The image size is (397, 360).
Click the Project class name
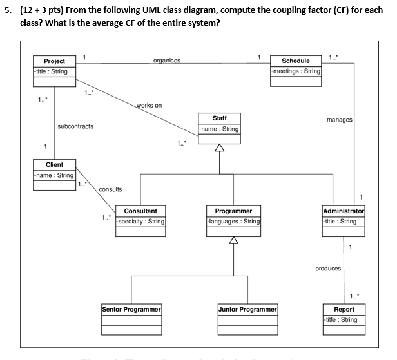[x=54, y=61]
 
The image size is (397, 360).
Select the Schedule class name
[x=296, y=61]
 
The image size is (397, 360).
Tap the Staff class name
[x=219, y=118]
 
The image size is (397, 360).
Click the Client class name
[x=54, y=164]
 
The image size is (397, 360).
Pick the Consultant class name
[x=140, y=211]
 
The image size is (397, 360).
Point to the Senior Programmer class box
[x=131, y=318]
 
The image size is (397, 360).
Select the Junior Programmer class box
[x=248, y=318]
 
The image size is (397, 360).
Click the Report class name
[x=344, y=309]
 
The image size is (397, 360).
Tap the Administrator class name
[x=344, y=211]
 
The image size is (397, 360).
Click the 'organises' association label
[x=167, y=61]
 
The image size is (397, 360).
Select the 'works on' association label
[x=150, y=105]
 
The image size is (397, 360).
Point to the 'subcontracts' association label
[x=75, y=126]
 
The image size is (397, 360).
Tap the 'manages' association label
[x=339, y=119]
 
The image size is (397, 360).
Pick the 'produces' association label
[x=328, y=269]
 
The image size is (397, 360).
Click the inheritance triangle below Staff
[x=220, y=149]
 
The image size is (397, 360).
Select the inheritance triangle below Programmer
[x=233, y=242]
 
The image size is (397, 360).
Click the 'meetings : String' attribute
[x=296, y=71]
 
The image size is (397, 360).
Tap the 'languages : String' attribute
[x=233, y=221]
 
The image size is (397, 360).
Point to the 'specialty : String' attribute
[x=140, y=221]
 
